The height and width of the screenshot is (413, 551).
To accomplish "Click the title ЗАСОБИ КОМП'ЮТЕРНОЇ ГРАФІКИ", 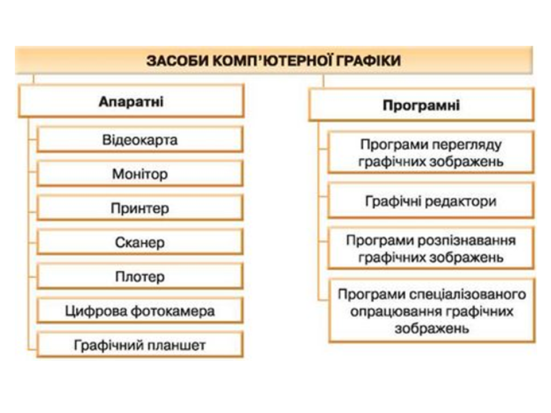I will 273,60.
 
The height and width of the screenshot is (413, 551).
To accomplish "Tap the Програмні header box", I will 421,106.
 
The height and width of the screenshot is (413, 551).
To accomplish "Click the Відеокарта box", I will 140,139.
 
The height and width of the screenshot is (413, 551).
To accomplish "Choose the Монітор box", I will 140,174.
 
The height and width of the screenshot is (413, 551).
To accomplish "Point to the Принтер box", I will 140,208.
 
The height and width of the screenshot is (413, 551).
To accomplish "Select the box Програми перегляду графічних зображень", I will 430,153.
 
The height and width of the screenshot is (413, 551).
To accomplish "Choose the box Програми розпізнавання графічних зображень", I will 430,248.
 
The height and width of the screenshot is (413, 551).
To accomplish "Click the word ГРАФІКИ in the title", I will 368,60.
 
